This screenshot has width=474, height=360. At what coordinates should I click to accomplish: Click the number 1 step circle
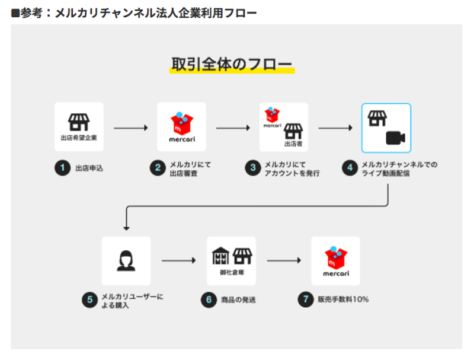(x=63, y=168)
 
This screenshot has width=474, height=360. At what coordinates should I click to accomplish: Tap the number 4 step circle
(x=350, y=168)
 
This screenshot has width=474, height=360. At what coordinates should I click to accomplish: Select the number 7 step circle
(x=306, y=299)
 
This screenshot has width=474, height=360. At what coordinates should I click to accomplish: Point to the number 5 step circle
(x=90, y=300)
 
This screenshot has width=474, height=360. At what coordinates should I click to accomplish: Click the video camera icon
(x=395, y=138)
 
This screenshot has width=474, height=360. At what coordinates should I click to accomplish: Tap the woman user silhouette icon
(x=126, y=260)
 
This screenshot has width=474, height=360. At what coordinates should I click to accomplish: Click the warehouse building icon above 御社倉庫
(x=220, y=256)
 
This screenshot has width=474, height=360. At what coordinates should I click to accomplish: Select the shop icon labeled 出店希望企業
(x=79, y=122)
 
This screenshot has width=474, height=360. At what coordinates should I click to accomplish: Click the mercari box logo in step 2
(x=182, y=123)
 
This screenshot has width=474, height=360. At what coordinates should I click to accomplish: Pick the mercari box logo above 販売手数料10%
(x=336, y=258)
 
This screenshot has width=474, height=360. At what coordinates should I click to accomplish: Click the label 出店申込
(x=89, y=168)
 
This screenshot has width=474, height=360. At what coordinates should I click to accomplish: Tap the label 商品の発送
(x=239, y=300)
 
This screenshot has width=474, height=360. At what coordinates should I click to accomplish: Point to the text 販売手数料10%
(x=343, y=300)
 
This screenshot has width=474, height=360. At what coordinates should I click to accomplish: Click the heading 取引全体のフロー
(x=232, y=64)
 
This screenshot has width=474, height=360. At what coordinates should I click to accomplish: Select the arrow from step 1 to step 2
(x=131, y=128)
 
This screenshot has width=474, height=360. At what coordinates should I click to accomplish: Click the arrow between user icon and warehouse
(x=179, y=260)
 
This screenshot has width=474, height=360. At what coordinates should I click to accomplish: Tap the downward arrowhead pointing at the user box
(x=126, y=228)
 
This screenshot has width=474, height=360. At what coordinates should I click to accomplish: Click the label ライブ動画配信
(x=386, y=173)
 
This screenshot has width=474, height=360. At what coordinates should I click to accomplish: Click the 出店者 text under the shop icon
(x=293, y=144)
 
